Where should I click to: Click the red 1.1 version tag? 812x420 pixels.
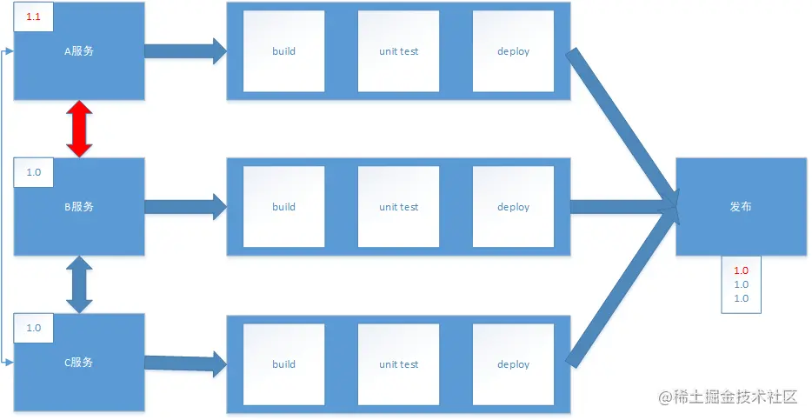point(33,17)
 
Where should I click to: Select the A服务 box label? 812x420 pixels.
point(79,51)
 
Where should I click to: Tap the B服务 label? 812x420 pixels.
point(79,207)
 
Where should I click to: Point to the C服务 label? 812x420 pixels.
point(79,363)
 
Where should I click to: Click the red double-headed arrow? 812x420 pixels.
point(79,129)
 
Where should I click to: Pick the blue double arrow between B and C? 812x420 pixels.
point(79,285)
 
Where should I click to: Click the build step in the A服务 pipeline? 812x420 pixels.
point(283,51)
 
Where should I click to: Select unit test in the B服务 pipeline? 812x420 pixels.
point(399,207)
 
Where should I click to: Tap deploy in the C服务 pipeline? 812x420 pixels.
point(513,364)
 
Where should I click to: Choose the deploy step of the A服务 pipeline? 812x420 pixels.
point(513,51)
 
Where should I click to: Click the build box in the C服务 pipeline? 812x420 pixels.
point(283,364)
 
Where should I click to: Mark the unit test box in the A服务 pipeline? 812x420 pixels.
point(399,51)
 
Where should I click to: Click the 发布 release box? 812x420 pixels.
point(741,207)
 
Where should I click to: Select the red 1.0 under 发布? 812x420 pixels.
point(741,270)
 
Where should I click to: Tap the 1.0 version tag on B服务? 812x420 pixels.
point(34,172)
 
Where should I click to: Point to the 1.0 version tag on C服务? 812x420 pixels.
point(34,328)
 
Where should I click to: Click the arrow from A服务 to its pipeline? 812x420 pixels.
point(186,51)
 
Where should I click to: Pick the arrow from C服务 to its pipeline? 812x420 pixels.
point(186,363)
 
